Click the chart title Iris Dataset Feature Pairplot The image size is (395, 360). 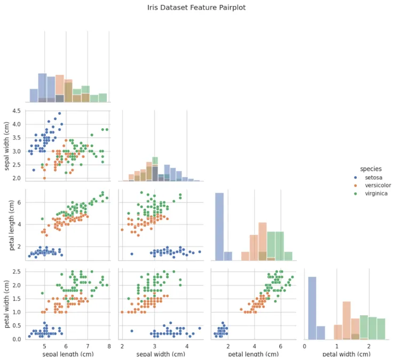[x=196, y=8]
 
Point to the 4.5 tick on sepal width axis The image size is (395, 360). [x=16, y=111]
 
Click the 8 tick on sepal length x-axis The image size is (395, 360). [x=109, y=347]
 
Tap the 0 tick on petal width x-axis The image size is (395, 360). [x=305, y=347]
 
